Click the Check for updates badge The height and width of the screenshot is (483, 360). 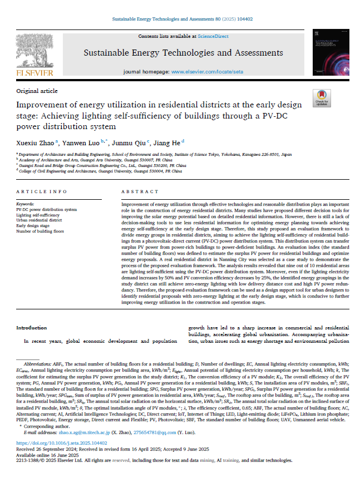pos(322,99)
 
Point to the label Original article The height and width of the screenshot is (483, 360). pos(37,90)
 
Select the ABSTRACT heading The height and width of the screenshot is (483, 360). pos(136,191)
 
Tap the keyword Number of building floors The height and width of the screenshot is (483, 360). pos(40,231)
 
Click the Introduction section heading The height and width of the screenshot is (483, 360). pos(32,328)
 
